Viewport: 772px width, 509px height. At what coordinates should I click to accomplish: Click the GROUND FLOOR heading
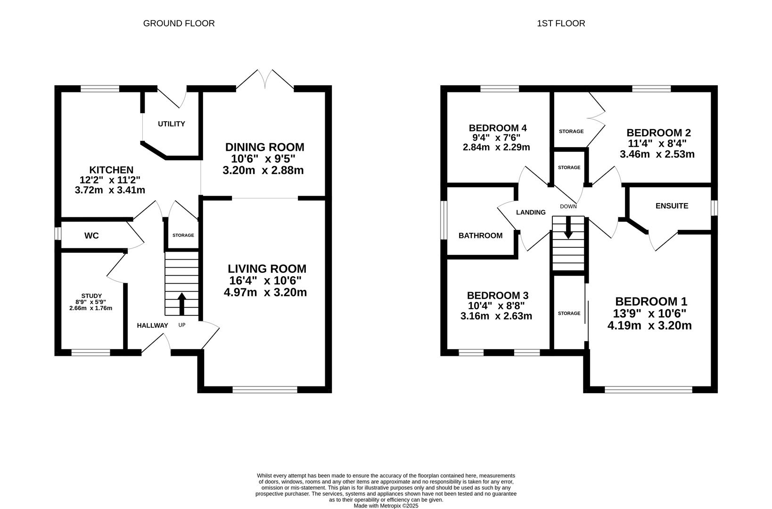click(179, 24)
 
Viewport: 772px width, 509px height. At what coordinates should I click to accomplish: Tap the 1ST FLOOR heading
click(561, 24)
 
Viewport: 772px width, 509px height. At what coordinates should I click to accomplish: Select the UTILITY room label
click(171, 124)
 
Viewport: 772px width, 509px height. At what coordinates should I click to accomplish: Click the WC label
click(91, 236)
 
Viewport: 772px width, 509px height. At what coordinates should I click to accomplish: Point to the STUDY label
click(91, 296)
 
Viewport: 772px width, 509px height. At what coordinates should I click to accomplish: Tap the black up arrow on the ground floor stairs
click(181, 304)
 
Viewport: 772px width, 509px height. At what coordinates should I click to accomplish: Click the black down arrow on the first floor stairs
click(568, 228)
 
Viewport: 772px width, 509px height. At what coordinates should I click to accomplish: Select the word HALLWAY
click(152, 325)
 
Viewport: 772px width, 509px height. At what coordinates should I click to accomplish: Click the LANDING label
click(531, 212)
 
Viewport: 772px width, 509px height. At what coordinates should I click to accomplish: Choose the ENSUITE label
click(672, 206)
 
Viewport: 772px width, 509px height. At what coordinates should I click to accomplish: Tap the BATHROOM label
click(480, 236)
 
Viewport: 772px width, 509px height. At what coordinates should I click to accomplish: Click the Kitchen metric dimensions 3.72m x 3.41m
click(110, 190)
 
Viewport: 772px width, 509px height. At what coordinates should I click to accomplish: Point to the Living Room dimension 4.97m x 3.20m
click(265, 292)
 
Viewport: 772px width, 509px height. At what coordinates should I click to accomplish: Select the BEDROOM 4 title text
click(498, 128)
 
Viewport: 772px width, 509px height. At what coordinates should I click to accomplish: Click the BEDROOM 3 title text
click(498, 296)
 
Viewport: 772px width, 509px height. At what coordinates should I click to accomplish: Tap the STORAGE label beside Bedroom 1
click(569, 313)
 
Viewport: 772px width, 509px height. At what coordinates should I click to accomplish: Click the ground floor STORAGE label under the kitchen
click(183, 235)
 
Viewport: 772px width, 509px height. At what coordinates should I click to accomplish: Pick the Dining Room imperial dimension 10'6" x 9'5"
click(263, 159)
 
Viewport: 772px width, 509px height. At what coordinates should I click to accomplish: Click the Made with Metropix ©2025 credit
click(386, 506)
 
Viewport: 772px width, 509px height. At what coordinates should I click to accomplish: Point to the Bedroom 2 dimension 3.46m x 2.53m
click(657, 154)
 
